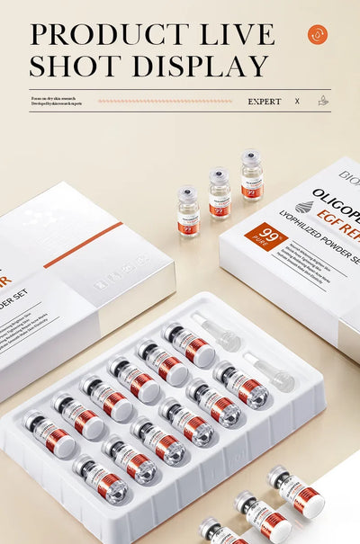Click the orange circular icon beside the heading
coord(318,34)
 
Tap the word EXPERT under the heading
coord(265,102)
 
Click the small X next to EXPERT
coord(297,102)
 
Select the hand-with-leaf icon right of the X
coord(323,101)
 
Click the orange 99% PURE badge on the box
coord(265,237)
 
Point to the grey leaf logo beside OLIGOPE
coord(303,206)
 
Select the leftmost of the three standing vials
coord(188,211)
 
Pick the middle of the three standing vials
coord(220,193)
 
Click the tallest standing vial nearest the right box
coord(252,175)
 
